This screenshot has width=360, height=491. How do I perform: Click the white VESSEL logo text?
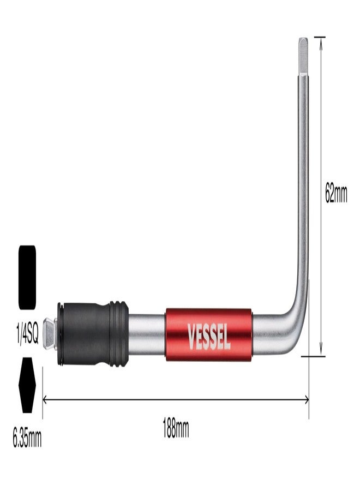coord(209,336)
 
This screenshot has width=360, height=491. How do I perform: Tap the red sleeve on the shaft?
coord(209,335)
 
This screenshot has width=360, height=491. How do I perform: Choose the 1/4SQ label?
coord(28,335)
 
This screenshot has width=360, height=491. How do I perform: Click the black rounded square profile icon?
coord(27,278)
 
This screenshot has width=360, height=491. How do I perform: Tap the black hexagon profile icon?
coord(27,385)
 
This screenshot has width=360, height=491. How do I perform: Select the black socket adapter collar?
coord(93,334)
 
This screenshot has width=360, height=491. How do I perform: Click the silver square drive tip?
coord(50,334)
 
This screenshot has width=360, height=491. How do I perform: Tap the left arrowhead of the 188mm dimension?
coord(44,399)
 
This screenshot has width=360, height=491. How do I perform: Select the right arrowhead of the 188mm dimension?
coord(307,399)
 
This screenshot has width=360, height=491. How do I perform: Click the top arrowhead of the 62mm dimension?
coord(321,42)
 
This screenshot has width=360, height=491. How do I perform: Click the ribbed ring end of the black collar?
coord(119,334)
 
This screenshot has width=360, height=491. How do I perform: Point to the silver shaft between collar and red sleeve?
coord(147,335)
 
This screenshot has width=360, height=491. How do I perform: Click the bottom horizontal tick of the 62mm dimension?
coord(313,356)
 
